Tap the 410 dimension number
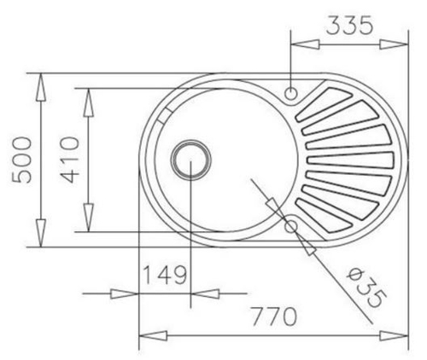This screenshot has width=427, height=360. tap(67, 160)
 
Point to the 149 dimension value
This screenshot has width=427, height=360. tap(164, 276)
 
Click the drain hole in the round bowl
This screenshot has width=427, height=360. tap(190, 160)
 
